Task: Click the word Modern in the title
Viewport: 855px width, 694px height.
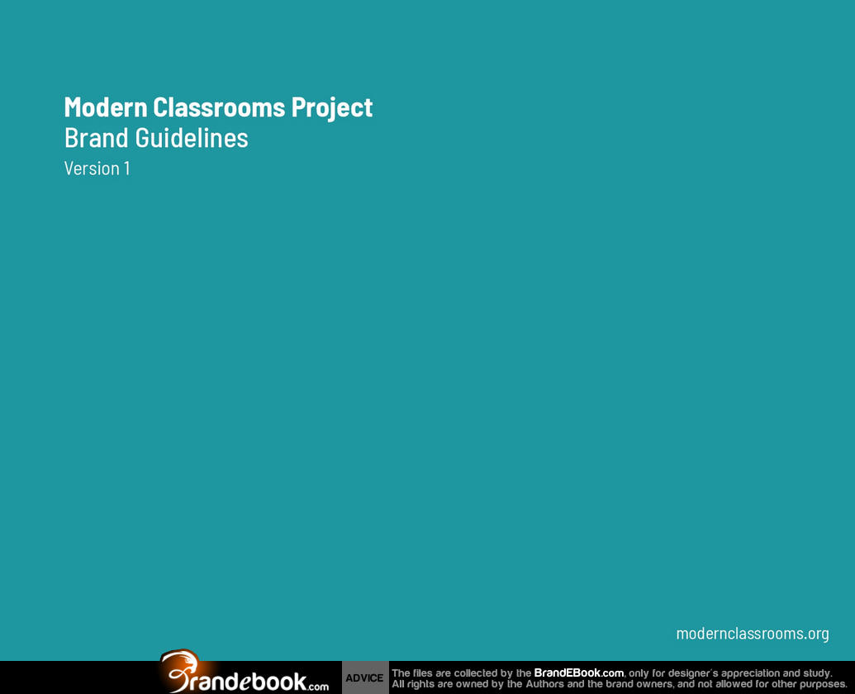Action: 106,107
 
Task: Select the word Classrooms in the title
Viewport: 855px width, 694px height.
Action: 219,107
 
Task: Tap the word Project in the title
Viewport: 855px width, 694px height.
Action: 332,108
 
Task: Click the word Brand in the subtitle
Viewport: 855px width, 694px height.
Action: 97,138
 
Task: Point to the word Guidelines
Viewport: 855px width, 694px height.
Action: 192,138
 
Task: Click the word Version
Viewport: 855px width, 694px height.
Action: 92,169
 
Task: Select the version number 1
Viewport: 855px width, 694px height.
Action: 127,169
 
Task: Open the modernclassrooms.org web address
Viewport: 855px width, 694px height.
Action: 753,634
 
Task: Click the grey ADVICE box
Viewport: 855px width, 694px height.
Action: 365,677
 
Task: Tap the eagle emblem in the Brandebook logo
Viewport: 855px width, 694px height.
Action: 181,669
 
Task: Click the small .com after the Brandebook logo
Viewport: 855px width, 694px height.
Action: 318,687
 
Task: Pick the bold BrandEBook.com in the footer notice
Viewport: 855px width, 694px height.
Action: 578,673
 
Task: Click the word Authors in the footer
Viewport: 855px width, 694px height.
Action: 544,683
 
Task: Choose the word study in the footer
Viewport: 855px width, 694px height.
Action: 817,673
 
